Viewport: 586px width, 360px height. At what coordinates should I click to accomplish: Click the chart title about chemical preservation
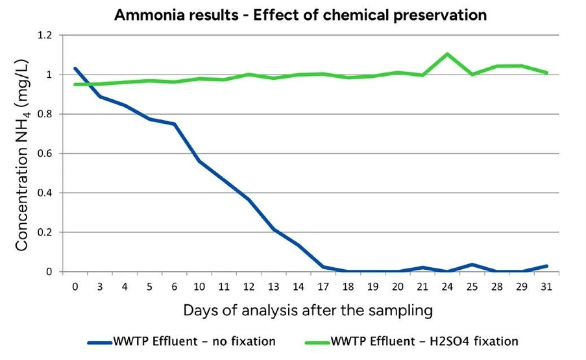[x=300, y=15]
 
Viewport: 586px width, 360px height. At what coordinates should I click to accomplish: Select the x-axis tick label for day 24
[x=447, y=286]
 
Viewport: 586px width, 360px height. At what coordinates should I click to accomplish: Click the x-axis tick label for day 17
[x=323, y=286]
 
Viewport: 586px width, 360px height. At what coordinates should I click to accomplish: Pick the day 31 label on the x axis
[x=546, y=286]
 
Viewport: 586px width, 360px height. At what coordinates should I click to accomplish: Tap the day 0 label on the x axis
[x=75, y=286]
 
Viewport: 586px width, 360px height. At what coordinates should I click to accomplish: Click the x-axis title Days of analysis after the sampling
[x=307, y=311]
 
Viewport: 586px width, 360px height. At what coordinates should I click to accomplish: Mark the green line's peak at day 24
[x=447, y=54]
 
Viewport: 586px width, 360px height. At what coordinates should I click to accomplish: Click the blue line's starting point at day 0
[x=75, y=68]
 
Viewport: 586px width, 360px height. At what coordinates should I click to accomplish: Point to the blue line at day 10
[x=199, y=161]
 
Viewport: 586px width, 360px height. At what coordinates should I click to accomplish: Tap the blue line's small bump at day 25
[x=472, y=265]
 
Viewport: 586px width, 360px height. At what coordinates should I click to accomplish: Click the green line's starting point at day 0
[x=75, y=84]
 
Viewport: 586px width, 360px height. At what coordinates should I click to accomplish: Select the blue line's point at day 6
[x=175, y=124]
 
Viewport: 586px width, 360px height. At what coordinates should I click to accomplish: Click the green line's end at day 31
[x=547, y=73]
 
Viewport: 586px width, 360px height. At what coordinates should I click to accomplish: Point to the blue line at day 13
[x=274, y=229]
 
